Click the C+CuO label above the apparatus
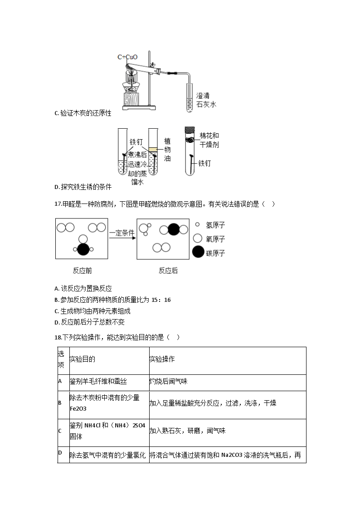[x=127, y=57]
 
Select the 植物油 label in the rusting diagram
[x=167, y=150]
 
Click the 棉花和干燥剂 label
[x=209, y=140]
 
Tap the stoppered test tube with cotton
[x=190, y=152]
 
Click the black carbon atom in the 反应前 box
[x=83, y=249]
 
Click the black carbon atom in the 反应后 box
[x=174, y=229]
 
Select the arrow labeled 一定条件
[x=122, y=238]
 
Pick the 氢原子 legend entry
[x=215, y=225]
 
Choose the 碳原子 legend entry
[x=215, y=253]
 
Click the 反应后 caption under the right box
[x=168, y=271]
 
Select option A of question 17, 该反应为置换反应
[x=83, y=288]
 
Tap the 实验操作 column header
[x=162, y=359]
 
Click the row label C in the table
[x=60, y=431]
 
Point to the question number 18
[x=58, y=337]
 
